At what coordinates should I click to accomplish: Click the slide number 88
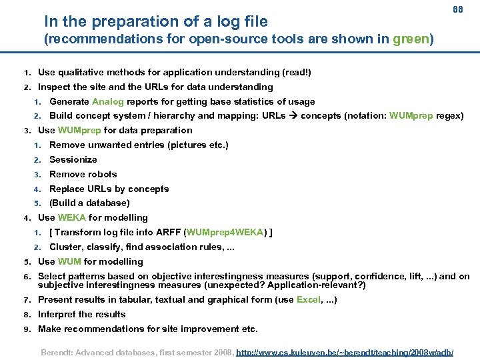(457, 10)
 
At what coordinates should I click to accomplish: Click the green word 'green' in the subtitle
(411, 39)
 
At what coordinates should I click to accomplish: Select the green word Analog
(107, 101)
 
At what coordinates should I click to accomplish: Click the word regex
(449, 116)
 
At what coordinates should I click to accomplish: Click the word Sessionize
(73, 159)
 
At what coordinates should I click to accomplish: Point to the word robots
(103, 174)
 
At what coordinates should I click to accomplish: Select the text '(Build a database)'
(89, 203)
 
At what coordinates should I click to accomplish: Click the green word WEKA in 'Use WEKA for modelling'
(71, 217)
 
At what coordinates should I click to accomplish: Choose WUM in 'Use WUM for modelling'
(69, 261)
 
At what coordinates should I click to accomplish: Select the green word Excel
(309, 299)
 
